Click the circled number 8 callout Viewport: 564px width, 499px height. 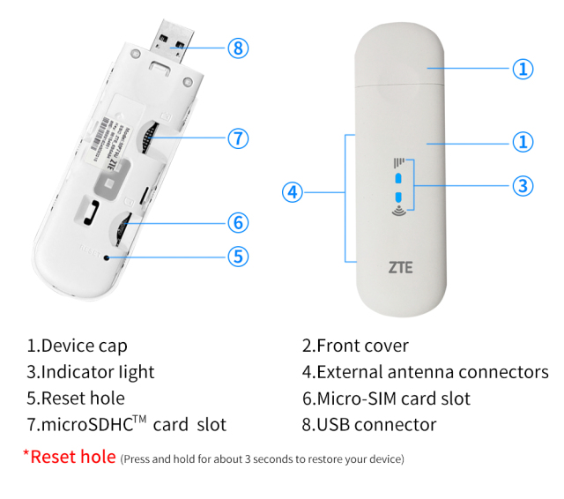(238, 48)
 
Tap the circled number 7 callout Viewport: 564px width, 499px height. (238, 138)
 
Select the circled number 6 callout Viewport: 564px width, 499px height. (238, 222)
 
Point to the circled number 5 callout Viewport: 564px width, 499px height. (238, 256)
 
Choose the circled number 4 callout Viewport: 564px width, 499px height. (293, 191)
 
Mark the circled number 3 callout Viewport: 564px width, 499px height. (523, 185)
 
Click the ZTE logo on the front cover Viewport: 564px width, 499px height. (400, 265)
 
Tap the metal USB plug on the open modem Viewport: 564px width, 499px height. (172, 40)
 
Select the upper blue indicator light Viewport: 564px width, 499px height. (397, 175)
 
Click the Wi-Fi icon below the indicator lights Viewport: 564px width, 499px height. (397, 212)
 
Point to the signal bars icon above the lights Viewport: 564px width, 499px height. (398, 161)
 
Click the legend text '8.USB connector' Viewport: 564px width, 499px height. (369, 425)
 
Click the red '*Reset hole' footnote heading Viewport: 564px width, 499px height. (69, 457)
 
